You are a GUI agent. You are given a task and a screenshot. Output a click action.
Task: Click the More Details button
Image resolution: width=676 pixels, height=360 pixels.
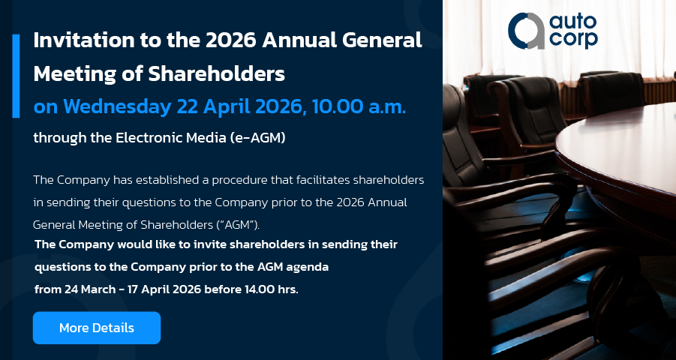[97, 328]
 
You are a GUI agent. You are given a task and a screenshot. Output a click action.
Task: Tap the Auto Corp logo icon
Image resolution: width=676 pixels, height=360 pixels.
[526, 31]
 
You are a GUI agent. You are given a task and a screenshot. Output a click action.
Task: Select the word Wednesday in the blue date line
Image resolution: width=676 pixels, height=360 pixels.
[117, 107]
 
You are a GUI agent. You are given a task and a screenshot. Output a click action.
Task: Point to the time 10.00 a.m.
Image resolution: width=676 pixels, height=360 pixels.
[359, 107]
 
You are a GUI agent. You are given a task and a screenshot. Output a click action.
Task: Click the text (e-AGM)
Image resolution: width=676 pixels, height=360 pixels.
[258, 138]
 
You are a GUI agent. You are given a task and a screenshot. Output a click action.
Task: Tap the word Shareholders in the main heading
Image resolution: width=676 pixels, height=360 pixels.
[216, 73]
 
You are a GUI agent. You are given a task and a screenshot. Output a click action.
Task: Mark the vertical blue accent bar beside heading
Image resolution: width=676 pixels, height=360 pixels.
[16, 76]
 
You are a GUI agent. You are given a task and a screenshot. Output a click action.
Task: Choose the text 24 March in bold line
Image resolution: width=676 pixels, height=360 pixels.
[90, 289]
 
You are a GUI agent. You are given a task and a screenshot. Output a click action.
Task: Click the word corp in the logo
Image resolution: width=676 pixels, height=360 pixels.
[573, 40]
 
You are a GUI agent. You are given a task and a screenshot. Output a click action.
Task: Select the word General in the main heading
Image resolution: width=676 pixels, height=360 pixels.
[382, 40]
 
